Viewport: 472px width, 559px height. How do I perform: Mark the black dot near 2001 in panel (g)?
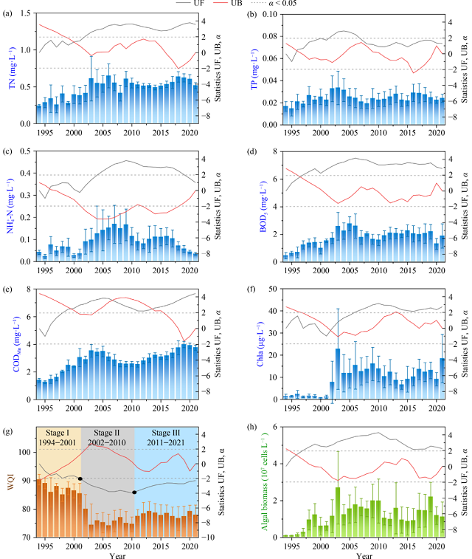tap(80, 479)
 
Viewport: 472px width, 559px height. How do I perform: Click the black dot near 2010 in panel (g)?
tap(134, 492)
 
